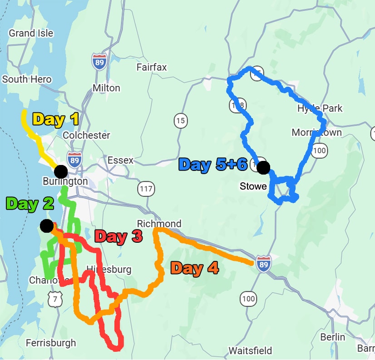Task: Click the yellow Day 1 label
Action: click(x=56, y=119)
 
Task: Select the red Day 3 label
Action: click(x=118, y=236)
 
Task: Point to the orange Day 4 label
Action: click(x=194, y=268)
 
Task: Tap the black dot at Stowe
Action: click(x=263, y=168)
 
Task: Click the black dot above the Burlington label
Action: click(x=61, y=172)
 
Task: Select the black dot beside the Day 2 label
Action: click(x=46, y=225)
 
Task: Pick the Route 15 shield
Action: click(x=181, y=121)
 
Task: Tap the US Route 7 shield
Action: click(x=53, y=298)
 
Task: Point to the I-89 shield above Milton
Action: click(x=99, y=61)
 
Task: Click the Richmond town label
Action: click(x=159, y=224)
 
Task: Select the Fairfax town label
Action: click(x=152, y=67)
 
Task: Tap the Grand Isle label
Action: click(x=31, y=33)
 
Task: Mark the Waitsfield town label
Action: click(x=250, y=350)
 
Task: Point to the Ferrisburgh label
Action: click(x=51, y=343)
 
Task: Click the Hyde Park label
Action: click(x=320, y=109)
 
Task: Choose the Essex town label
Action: click(x=120, y=160)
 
